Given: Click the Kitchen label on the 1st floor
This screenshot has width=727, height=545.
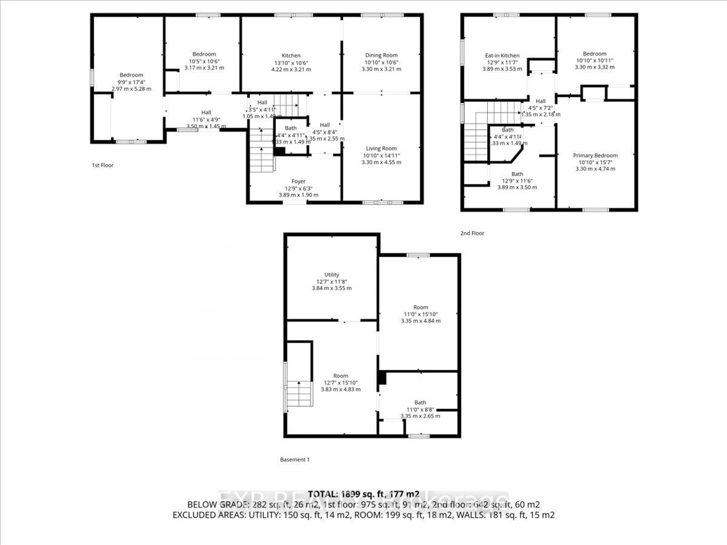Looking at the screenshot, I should click(x=291, y=55).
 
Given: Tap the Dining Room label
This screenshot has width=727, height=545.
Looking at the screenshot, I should click(x=381, y=55).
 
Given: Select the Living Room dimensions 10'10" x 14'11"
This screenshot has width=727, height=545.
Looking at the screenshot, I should click(x=381, y=155).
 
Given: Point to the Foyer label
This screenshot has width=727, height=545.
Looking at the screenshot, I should click(x=298, y=181).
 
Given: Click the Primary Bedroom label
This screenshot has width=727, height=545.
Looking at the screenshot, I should click(x=595, y=155).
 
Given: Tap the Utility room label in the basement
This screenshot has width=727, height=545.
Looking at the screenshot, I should click(x=332, y=275).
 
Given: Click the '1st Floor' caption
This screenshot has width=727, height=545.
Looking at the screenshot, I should click(x=103, y=165).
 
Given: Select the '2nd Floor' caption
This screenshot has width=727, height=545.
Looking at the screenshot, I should click(x=472, y=233).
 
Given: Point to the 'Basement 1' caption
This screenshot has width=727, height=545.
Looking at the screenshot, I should click(x=294, y=460).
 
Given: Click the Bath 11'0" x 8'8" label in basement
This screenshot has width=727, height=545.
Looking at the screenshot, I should click(x=420, y=403).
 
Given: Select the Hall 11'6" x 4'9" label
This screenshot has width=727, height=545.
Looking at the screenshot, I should click(x=206, y=113).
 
